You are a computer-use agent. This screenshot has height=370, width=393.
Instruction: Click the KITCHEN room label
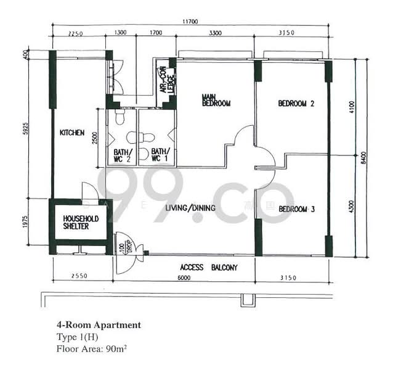(x=71, y=133)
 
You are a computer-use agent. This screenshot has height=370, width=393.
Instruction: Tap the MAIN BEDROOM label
(x=216, y=100)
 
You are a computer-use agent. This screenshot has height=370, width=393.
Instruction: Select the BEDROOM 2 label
(x=296, y=104)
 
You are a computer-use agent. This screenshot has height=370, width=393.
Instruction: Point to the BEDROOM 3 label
(x=297, y=209)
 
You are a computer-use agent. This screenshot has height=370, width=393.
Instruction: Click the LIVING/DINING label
(x=190, y=208)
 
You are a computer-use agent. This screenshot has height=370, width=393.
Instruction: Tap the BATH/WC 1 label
(x=160, y=155)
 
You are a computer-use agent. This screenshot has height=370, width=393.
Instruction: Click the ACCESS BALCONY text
(x=209, y=268)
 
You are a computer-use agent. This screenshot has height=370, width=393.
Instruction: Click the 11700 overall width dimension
(x=190, y=22)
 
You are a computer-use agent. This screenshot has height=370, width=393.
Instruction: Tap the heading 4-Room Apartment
(x=99, y=324)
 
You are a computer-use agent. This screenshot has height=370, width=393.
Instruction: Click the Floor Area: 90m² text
(x=91, y=348)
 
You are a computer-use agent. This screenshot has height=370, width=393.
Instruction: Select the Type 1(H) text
(x=78, y=337)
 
